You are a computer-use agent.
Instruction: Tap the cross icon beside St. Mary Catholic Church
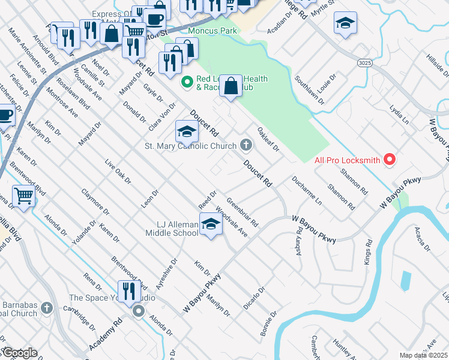(x=246, y=145)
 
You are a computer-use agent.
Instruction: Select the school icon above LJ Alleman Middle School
(x=211, y=225)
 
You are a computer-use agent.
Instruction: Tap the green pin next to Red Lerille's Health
(x=187, y=80)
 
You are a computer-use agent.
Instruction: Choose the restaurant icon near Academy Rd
(x=129, y=292)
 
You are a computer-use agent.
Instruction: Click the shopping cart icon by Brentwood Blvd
(x=23, y=196)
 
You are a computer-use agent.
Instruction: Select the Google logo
(x=19, y=353)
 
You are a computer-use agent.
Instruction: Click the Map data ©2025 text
(x=423, y=355)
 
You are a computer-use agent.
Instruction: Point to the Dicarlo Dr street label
(x=254, y=298)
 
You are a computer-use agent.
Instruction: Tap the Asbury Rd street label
(x=298, y=243)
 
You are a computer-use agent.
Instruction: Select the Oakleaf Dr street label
(x=268, y=139)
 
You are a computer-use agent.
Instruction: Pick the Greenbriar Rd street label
(x=243, y=212)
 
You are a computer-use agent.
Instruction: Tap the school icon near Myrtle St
(x=345, y=24)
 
